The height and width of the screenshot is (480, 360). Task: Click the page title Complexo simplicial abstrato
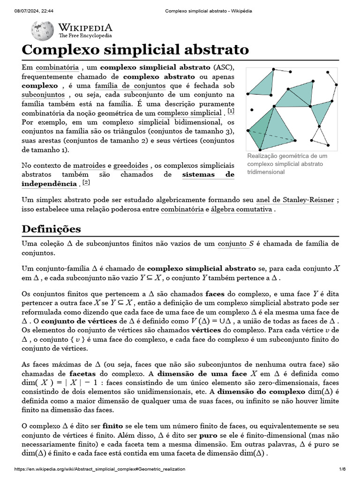[x=135, y=50]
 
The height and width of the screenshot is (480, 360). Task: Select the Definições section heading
[x=51, y=229]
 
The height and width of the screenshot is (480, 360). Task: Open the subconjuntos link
[x=43, y=95]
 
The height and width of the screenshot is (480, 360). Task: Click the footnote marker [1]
[x=231, y=111]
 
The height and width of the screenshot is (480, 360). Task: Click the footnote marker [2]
[x=86, y=182]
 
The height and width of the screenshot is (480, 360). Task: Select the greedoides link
[x=131, y=165]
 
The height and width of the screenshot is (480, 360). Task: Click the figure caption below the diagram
[x=287, y=164]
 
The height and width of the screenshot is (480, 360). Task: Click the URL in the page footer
[x=100, y=470]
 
